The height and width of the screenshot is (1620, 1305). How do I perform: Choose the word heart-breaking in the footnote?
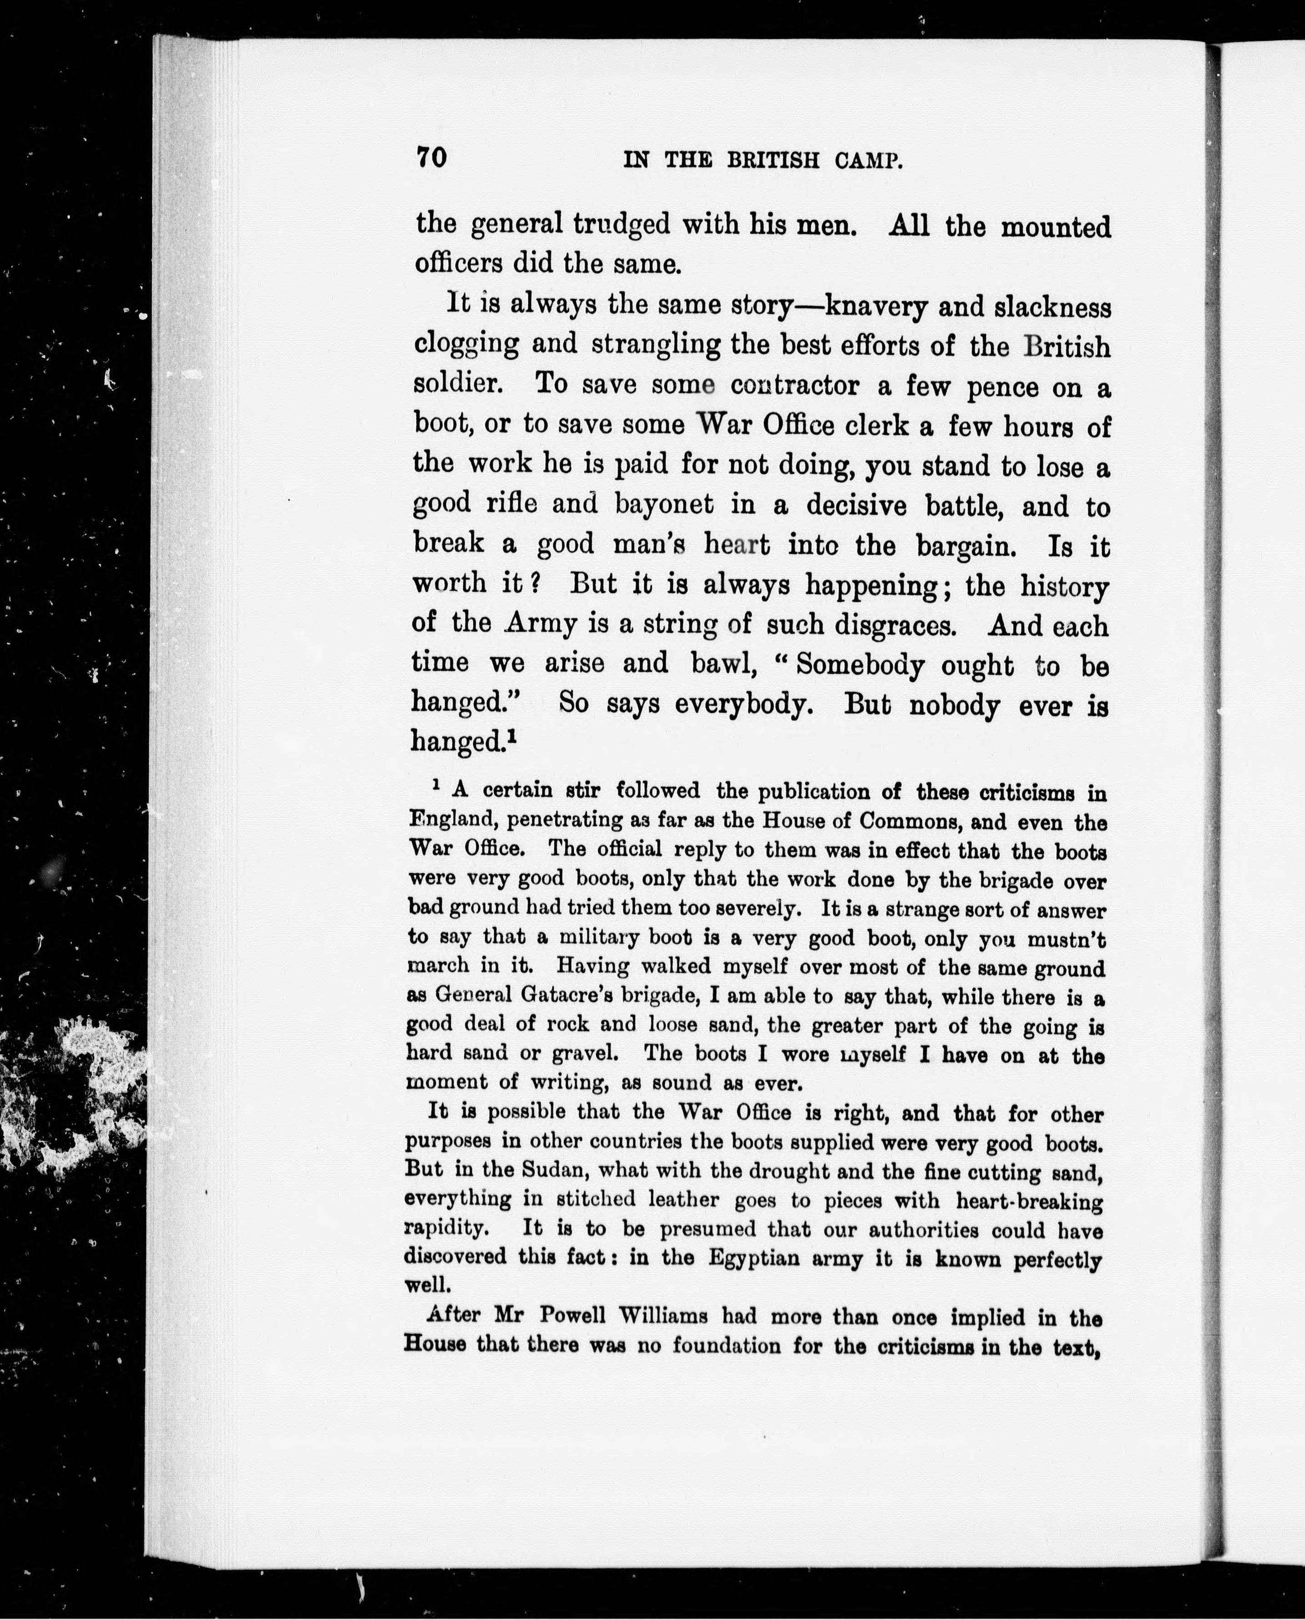(x=1029, y=1200)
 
